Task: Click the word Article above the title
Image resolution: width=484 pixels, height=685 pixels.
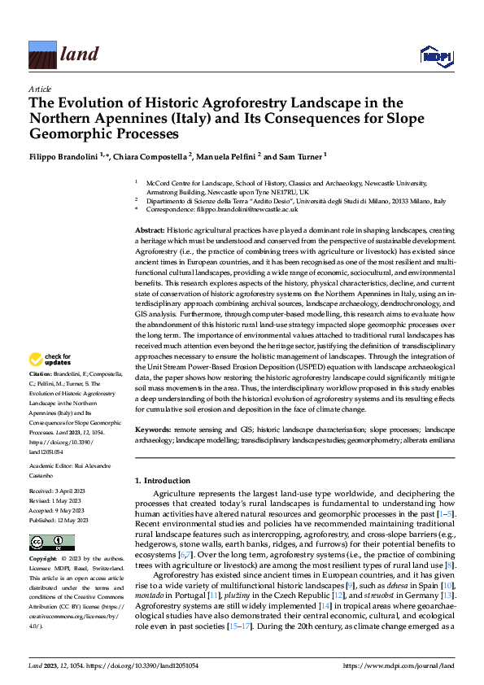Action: pos(39,88)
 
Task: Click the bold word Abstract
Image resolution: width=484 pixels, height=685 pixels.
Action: pos(150,232)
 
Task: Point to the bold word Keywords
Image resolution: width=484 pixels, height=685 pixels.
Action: pos(153,428)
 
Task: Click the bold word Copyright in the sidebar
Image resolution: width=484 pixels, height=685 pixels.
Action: pos(44,560)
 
